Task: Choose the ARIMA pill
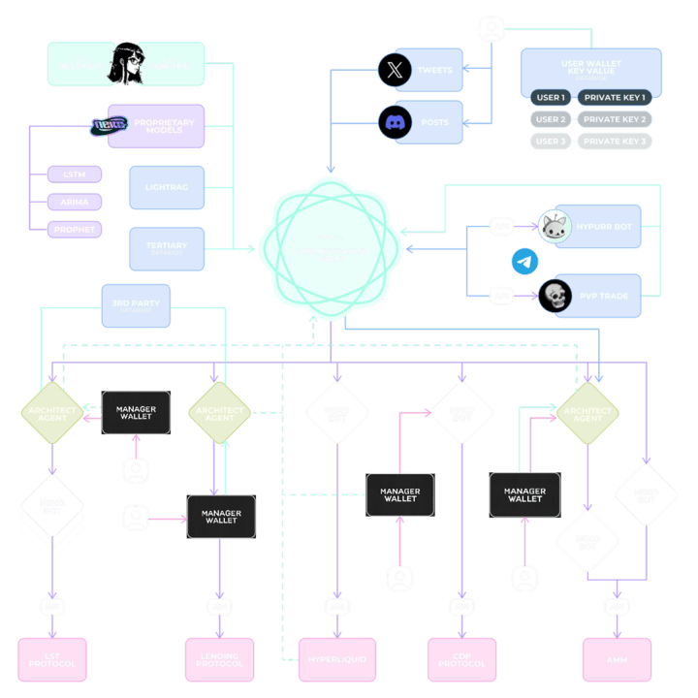point(75,202)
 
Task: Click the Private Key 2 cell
point(615,119)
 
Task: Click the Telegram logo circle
point(524,261)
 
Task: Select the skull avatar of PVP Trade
point(555,296)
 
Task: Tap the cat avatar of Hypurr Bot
point(555,226)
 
